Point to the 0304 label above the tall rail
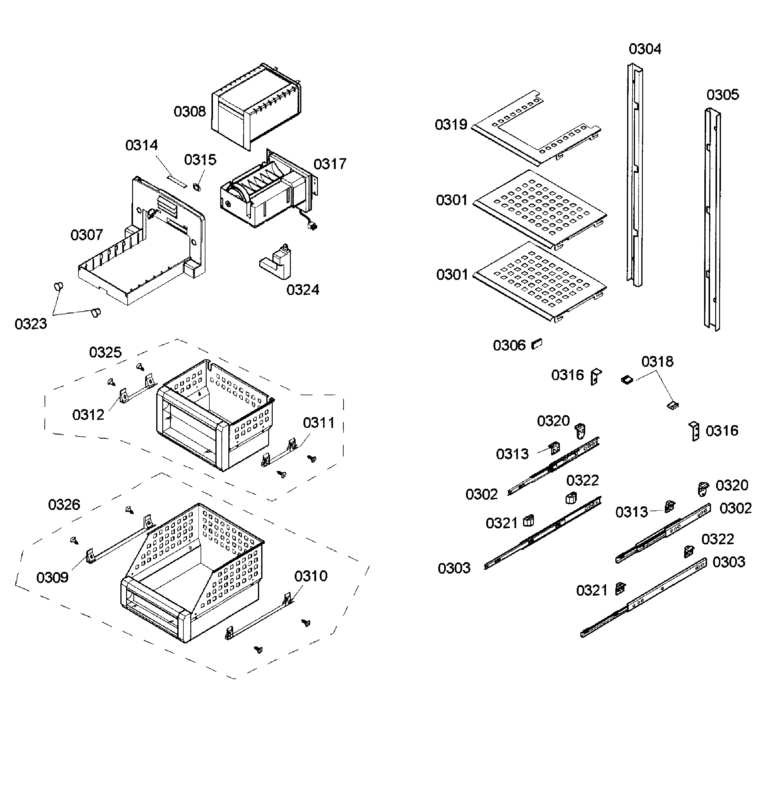tap(645, 49)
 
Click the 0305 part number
tap(722, 95)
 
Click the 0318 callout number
tap(657, 362)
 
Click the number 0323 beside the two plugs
tap(31, 324)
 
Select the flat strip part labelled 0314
tap(176, 180)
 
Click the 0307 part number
tap(87, 235)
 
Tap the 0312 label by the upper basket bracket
tap(88, 415)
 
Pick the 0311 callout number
tap(319, 423)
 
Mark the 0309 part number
tap(52, 578)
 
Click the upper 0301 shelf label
tap(452, 200)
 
